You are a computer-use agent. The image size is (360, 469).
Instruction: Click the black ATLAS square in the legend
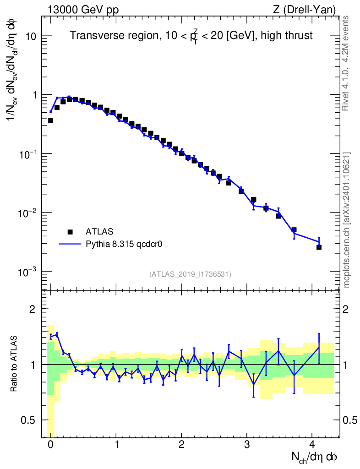[x=70, y=232]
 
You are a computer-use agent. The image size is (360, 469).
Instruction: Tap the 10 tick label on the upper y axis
[x=32, y=36]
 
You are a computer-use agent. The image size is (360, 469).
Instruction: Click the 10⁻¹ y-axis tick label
[x=28, y=154]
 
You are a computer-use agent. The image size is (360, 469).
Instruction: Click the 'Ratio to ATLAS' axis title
[x=14, y=364]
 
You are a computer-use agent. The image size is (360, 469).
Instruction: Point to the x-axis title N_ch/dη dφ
[x=315, y=457]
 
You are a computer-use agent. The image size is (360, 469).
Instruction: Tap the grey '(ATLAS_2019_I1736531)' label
[x=190, y=274]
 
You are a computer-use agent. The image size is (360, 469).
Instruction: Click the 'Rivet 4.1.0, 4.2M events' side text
[x=347, y=63]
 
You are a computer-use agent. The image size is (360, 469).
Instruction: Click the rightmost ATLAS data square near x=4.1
[x=319, y=247]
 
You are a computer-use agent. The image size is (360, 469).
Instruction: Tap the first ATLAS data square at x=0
[x=50, y=120]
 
